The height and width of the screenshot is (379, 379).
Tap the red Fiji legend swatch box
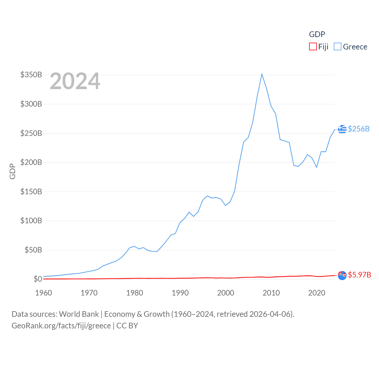(x=313, y=47)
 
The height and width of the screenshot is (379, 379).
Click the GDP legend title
(x=317, y=34)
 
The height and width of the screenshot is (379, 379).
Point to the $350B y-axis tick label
(x=31, y=75)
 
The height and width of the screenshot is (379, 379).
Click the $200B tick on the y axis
(x=31, y=162)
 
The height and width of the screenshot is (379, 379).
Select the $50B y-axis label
(x=33, y=250)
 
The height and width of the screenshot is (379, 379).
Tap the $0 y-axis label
(x=38, y=279)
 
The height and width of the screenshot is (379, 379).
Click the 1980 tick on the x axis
(x=134, y=293)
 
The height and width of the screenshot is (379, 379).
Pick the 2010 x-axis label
(x=271, y=293)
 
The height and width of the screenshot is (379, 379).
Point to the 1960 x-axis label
(x=44, y=293)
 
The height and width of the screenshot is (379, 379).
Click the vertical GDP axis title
(x=12, y=171)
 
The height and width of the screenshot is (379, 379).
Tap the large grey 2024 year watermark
(x=75, y=81)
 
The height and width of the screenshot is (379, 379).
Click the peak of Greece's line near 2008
(x=262, y=74)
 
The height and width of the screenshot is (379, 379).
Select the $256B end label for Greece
(x=359, y=129)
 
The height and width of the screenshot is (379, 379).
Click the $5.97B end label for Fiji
(x=359, y=275)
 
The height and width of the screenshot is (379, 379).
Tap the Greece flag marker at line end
(x=342, y=129)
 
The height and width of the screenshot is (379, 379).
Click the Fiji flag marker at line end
(x=342, y=275)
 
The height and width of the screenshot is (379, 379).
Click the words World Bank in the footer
(x=79, y=314)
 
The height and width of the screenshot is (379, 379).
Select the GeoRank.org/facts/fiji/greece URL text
(x=61, y=326)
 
